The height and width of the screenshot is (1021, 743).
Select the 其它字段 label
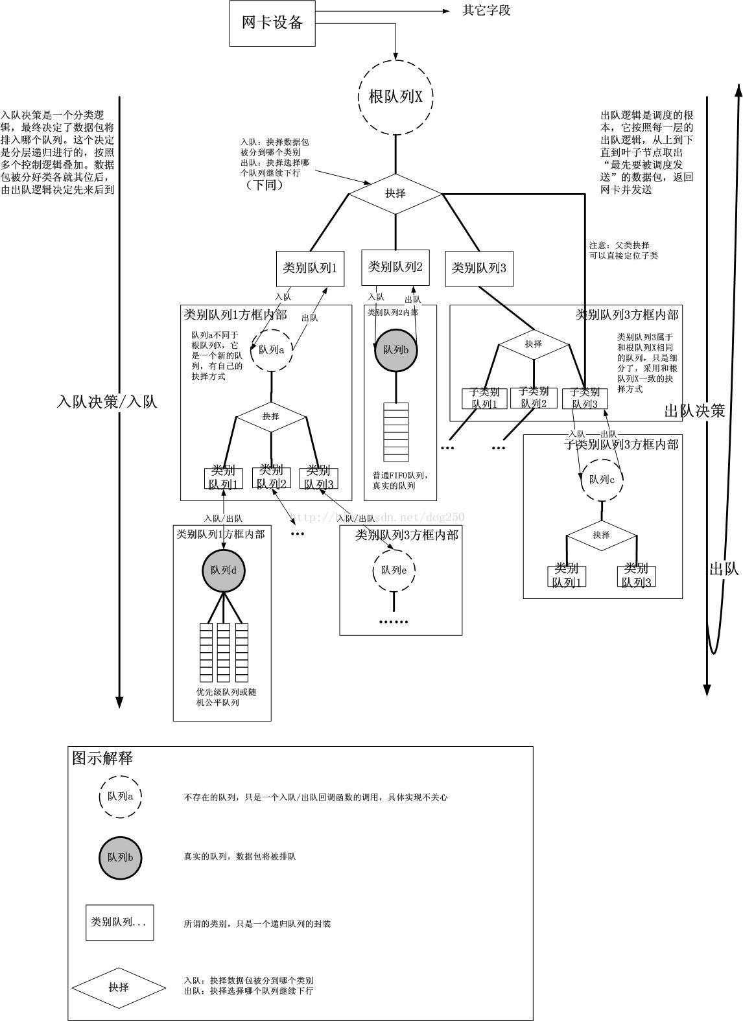coord(486,11)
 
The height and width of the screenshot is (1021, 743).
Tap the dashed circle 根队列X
coord(395,97)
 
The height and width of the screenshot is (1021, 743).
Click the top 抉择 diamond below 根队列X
coord(395,193)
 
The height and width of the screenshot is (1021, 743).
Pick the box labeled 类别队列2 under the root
coord(395,267)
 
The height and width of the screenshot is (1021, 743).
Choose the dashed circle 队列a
coord(272,350)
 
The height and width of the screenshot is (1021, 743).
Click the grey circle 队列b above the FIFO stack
coord(395,350)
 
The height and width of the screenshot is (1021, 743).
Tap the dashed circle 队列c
coord(602,480)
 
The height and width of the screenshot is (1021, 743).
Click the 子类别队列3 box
coord(585,398)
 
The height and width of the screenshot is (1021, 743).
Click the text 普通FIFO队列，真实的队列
coord(400,480)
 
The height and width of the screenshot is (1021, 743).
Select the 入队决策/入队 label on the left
coord(107,402)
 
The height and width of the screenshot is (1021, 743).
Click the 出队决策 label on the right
coord(694,410)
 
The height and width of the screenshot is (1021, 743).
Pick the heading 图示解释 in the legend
coord(102,758)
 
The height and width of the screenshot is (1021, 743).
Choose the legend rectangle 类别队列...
coord(120,922)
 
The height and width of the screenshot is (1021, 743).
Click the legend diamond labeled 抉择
coord(119,987)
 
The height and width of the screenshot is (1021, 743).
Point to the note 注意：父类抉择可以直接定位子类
coord(623,250)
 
